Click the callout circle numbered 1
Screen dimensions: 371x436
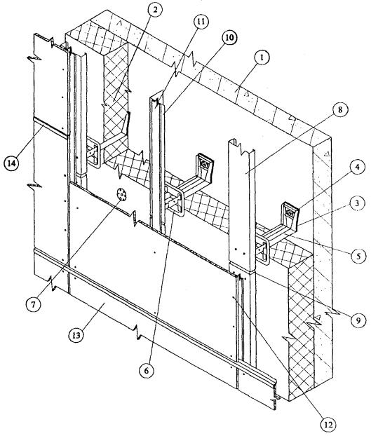coord(262,58)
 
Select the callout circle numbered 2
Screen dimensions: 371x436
coord(155,10)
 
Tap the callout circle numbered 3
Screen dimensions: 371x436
coord(357,204)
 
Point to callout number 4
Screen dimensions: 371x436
coord(357,168)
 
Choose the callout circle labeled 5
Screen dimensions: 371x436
coord(358,256)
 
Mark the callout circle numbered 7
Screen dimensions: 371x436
coord(33,305)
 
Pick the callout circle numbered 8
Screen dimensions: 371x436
coord(340,110)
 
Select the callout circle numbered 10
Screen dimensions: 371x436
coord(229,38)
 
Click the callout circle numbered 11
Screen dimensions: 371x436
coord(201,22)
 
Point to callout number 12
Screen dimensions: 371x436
coord(328,425)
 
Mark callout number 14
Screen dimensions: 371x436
coord(12,163)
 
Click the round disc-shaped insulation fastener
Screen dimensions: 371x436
coord(121,193)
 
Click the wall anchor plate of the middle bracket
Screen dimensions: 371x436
coord(204,165)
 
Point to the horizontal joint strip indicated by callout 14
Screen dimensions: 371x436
coord(50,128)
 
